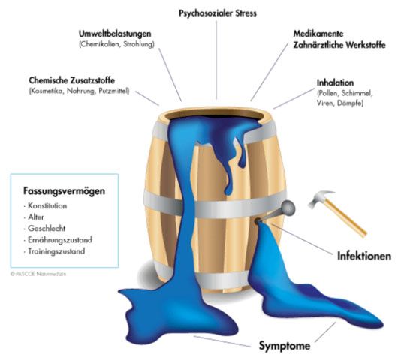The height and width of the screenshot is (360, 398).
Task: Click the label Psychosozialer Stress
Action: click(x=218, y=13)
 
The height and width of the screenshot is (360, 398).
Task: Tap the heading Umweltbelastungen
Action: click(x=115, y=34)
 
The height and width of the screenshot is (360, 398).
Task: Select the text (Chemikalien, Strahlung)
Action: click(x=116, y=44)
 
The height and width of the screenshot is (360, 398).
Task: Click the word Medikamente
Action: click(x=318, y=34)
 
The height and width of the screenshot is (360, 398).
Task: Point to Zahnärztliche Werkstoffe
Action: click(x=339, y=45)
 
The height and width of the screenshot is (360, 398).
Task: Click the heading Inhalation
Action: click(x=335, y=82)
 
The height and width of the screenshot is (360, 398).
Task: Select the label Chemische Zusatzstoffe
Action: click(x=72, y=80)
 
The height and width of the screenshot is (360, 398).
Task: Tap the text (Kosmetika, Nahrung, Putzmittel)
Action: click(x=79, y=91)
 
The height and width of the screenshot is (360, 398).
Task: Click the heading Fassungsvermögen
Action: click(x=64, y=191)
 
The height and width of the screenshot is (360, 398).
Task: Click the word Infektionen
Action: click(x=364, y=256)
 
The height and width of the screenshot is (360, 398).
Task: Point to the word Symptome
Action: click(x=285, y=346)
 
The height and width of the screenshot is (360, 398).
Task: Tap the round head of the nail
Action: click(x=288, y=207)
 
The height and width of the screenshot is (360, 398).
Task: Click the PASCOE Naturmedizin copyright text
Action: click(x=38, y=274)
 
